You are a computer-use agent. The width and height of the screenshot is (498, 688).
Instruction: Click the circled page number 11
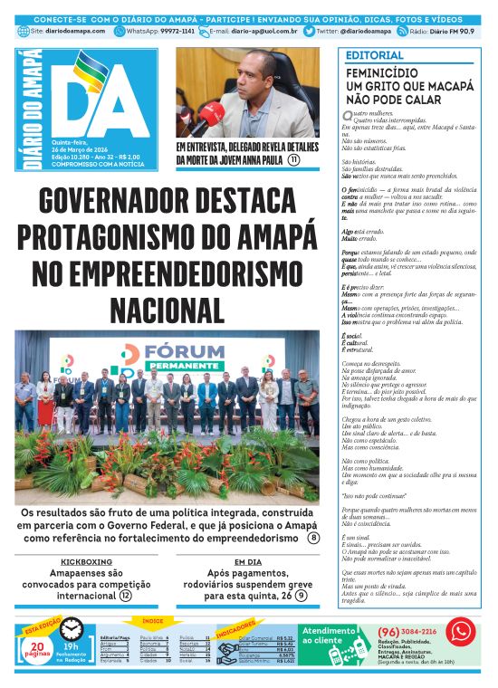(294, 159)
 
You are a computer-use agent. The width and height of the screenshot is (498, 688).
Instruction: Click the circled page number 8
(313, 538)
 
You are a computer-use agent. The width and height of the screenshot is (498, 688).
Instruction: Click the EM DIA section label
(245, 561)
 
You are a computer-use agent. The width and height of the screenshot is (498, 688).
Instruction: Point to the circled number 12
(126, 596)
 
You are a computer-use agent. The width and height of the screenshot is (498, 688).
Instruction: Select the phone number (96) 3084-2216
(407, 631)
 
